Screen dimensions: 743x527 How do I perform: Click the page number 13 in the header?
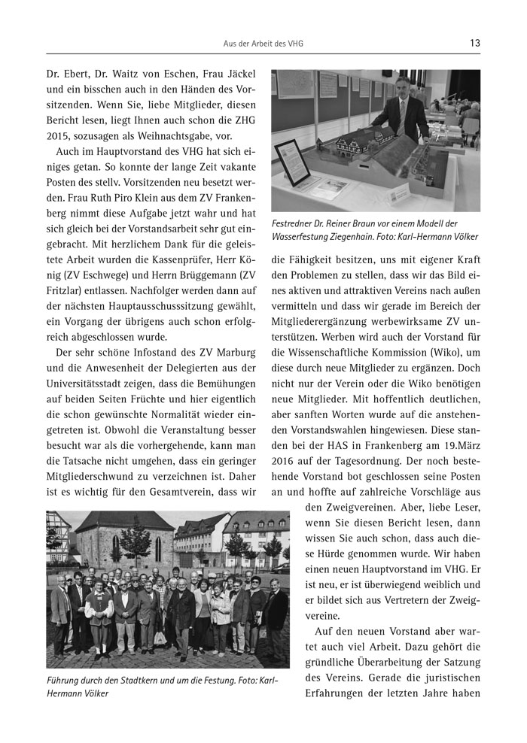[x=474, y=43]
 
